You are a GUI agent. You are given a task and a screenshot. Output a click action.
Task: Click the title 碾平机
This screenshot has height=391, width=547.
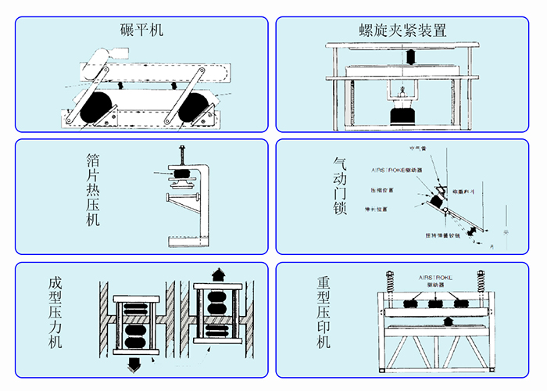click(x=141, y=30)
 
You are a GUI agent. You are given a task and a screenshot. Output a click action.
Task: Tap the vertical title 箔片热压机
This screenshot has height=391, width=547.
click(x=94, y=190)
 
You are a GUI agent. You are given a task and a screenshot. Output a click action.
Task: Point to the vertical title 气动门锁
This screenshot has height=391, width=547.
click(x=340, y=188)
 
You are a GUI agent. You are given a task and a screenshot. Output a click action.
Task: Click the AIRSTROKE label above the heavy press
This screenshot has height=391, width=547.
click(x=434, y=278)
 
